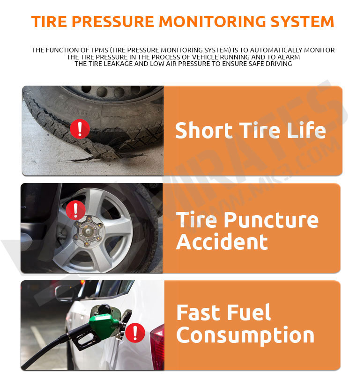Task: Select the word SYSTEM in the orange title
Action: click(x=305, y=22)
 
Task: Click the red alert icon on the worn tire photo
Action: click(x=80, y=128)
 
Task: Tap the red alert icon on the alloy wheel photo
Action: click(x=75, y=211)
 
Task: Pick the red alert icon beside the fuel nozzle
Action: click(x=135, y=332)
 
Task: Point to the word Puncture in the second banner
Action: click(x=272, y=220)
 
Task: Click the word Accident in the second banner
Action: click(x=222, y=242)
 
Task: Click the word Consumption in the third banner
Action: click(x=245, y=335)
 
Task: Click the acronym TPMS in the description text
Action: click(x=118, y=50)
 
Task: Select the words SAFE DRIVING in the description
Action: click(x=267, y=64)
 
